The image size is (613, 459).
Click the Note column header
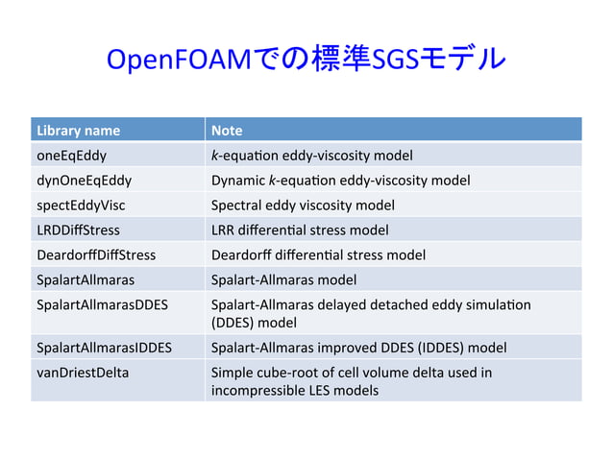[227, 130]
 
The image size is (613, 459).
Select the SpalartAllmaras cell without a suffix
[85, 279]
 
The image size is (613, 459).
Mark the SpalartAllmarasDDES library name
[102, 304]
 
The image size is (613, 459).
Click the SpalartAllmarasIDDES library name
[104, 347]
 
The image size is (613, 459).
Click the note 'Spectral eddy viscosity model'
[303, 205]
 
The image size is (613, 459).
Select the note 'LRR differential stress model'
[300, 229]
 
